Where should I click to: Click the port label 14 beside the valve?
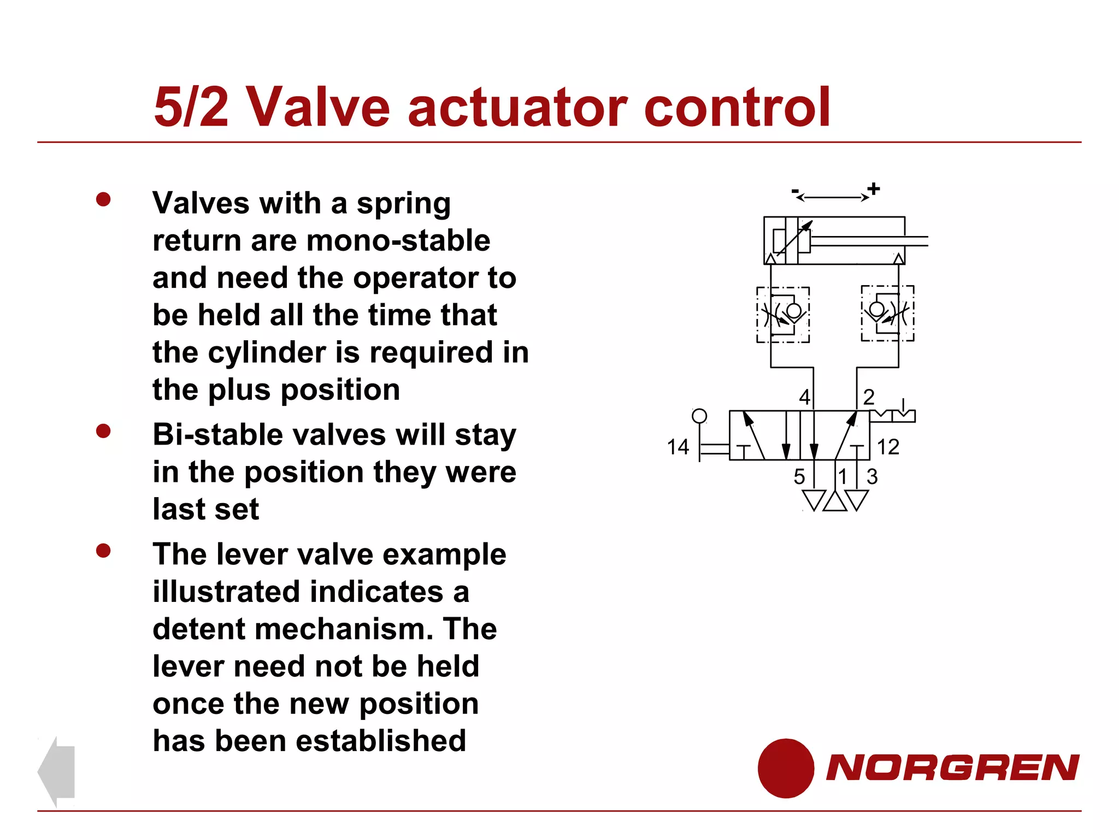click(x=678, y=447)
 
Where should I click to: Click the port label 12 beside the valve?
click(x=888, y=447)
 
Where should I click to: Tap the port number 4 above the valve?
click(x=804, y=397)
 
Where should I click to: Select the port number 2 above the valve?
click(x=869, y=397)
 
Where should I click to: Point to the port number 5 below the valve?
click(x=799, y=477)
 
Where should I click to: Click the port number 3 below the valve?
click(x=872, y=477)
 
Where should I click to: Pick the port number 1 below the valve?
click(x=843, y=477)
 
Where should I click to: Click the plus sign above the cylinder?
click(x=874, y=189)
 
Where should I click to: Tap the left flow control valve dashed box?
click(x=783, y=315)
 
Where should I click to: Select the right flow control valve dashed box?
click(x=887, y=313)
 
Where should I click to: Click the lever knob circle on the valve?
click(x=699, y=416)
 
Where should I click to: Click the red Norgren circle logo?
click(x=786, y=768)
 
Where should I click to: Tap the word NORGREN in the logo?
click(x=952, y=767)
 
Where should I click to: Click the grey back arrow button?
click(x=56, y=771)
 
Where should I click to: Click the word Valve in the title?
click(x=319, y=107)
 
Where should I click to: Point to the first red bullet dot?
click(x=103, y=199)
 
